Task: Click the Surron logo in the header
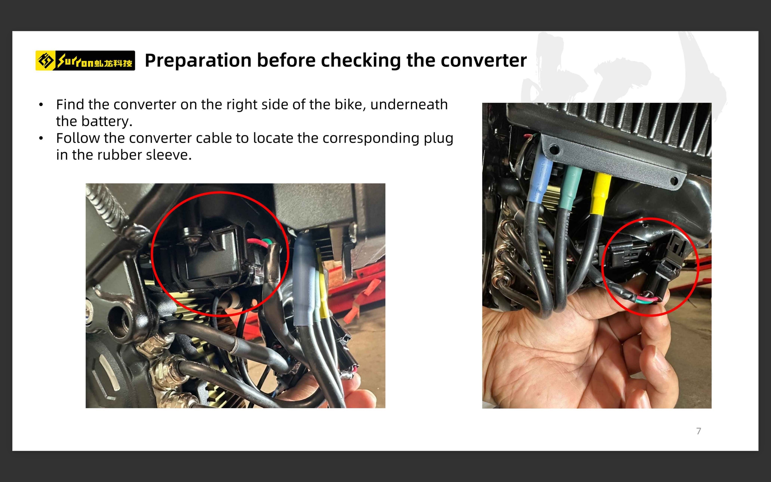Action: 85,60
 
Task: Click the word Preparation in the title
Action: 198,60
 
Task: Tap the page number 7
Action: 699,431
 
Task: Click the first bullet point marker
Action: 41,104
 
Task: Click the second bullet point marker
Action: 41,138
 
